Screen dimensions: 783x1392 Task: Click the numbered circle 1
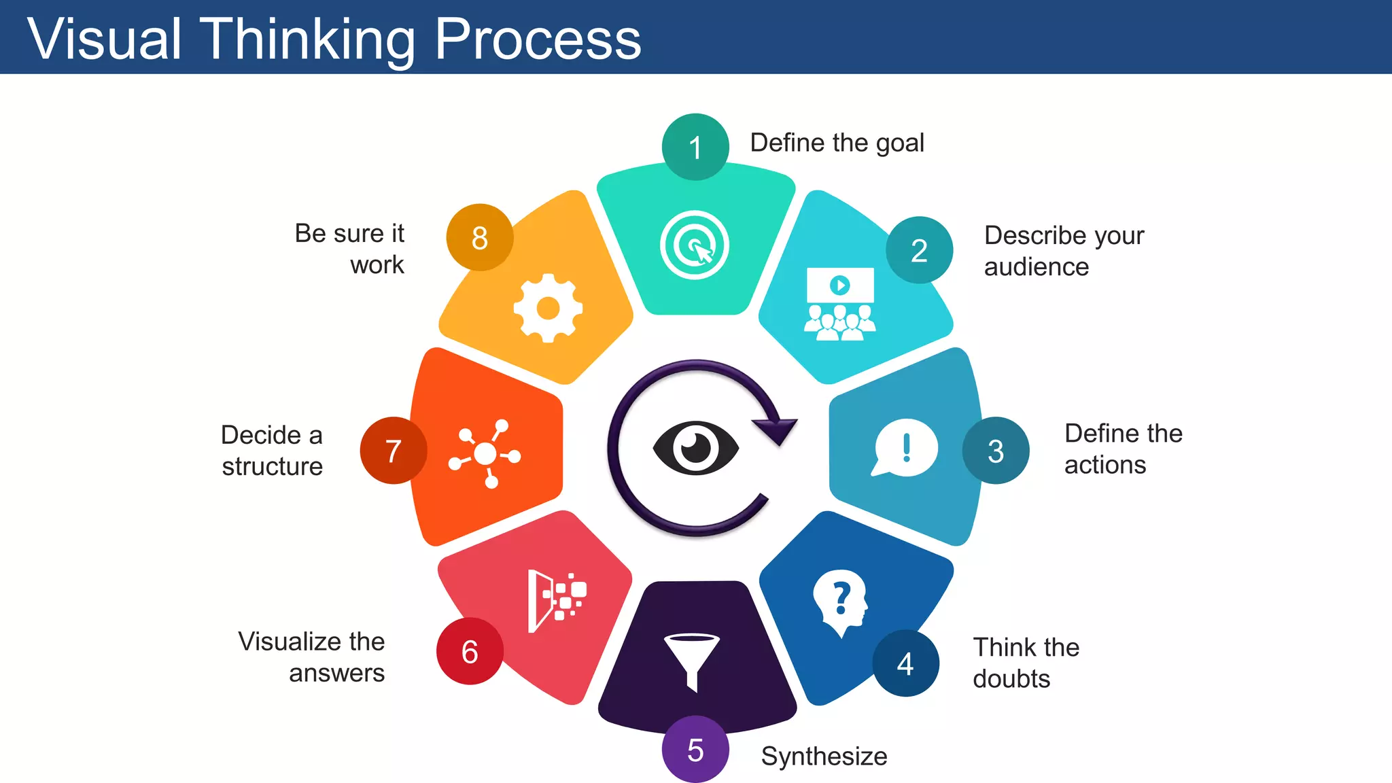click(695, 147)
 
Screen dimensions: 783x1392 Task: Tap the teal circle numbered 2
click(919, 250)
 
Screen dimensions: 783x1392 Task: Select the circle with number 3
click(996, 451)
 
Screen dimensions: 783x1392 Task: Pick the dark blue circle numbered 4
click(905, 663)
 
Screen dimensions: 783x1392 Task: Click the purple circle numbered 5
click(695, 750)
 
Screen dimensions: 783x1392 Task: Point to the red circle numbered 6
click(470, 651)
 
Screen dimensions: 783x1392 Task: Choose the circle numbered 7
click(394, 451)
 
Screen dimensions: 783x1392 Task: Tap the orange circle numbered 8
click(480, 237)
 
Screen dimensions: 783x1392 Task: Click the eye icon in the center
click(695, 448)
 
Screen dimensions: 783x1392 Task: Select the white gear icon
click(548, 309)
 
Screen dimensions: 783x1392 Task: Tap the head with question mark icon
click(841, 602)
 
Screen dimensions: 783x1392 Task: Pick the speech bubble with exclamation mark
click(905, 449)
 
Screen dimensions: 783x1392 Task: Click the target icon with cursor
click(695, 245)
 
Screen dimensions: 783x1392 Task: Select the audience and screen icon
click(840, 304)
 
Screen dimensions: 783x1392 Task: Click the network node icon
click(485, 453)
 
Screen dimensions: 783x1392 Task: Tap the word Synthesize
click(824, 756)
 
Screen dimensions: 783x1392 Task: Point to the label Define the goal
click(837, 143)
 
